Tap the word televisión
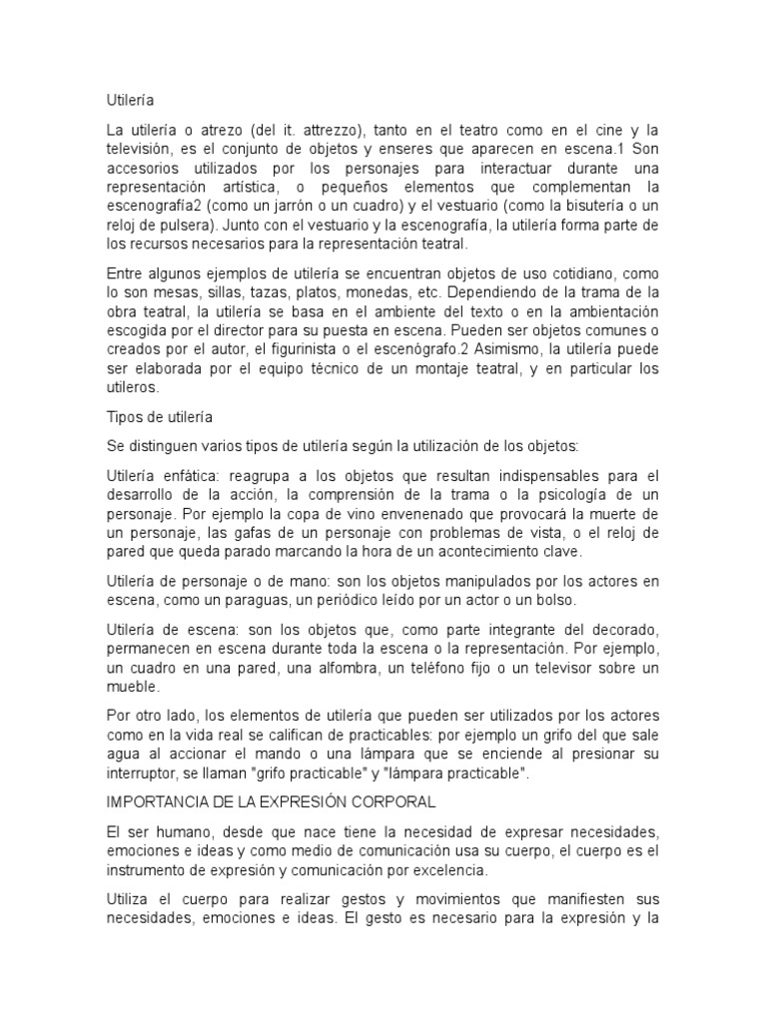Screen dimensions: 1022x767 coord(140,150)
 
